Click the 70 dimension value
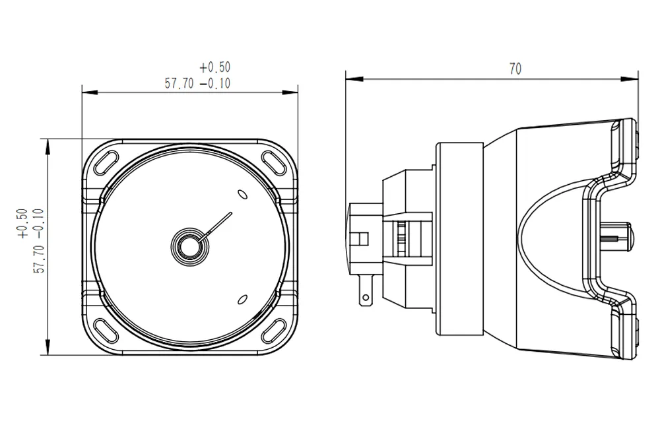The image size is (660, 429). (515, 69)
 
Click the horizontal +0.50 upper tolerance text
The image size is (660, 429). (214, 67)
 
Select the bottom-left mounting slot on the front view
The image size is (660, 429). (106, 329)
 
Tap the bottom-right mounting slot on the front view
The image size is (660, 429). (271, 329)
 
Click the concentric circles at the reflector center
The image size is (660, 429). (189, 245)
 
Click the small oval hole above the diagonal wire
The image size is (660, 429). (242, 194)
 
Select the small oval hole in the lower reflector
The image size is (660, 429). (242, 298)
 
